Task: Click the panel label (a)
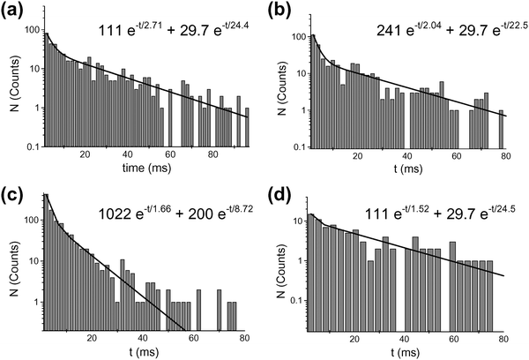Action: click(x=13, y=11)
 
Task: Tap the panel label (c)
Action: click(x=13, y=193)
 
